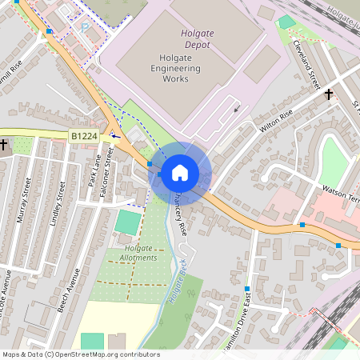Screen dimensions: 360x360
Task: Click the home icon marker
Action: (180, 172)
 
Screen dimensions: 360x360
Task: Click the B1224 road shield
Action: (83, 137)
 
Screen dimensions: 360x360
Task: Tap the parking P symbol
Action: (85, 27)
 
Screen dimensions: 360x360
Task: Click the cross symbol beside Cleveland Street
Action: (328, 94)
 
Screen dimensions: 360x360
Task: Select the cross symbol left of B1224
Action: (4, 145)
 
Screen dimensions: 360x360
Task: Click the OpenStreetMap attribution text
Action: (81, 354)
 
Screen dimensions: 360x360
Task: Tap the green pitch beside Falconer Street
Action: (126, 222)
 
